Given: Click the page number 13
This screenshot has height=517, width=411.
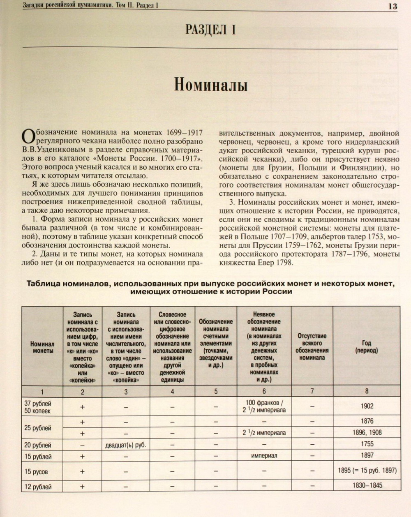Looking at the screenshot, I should [393, 6].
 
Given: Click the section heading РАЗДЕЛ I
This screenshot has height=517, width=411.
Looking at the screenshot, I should [210, 30].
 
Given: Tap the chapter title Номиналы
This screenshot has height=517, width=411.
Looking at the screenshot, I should [210, 85].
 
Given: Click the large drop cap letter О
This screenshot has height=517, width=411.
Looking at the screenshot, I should [28, 136].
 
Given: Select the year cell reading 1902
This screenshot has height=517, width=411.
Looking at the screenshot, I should [367, 406].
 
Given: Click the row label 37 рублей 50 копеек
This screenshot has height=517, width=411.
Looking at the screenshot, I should [38, 407].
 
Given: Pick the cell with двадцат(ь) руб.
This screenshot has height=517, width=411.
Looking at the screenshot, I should [125, 445].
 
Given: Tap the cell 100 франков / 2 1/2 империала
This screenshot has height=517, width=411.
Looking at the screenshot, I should [264, 406].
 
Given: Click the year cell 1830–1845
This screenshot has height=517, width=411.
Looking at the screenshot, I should [367, 485].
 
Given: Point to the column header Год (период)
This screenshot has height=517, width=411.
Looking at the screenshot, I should [367, 347].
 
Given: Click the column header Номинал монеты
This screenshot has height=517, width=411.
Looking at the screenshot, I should [42, 347].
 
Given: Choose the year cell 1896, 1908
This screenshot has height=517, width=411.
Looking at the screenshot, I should [367, 432].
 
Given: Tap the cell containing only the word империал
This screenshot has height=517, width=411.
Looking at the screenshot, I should [264, 455].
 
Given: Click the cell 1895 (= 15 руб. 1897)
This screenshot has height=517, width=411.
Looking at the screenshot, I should [367, 471].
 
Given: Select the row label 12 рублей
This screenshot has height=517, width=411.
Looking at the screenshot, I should [38, 487].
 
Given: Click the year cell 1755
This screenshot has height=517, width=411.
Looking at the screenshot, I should [367, 444].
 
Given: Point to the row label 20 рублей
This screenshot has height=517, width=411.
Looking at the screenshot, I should [38, 445].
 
